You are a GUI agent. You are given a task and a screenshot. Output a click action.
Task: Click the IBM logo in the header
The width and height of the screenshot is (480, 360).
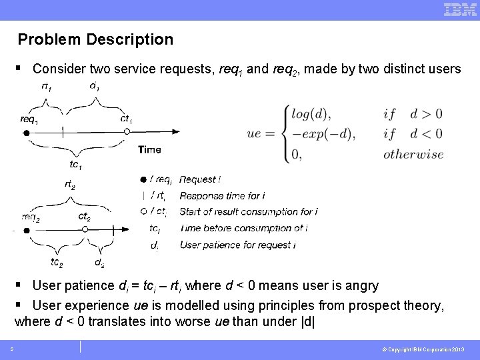[459, 9]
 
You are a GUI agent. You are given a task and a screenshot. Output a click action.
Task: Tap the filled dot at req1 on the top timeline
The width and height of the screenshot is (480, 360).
[27, 133]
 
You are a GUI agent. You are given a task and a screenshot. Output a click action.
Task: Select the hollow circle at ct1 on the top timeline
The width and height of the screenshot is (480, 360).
[127, 133]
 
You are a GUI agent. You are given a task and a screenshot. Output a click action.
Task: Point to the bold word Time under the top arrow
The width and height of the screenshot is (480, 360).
[149, 150]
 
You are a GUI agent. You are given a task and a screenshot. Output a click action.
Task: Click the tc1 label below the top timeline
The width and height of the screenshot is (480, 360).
[76, 164]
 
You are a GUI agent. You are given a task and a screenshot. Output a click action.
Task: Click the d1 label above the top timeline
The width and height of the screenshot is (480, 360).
[95, 86]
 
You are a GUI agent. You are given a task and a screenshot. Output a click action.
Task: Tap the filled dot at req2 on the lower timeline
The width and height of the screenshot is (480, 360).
[27, 230]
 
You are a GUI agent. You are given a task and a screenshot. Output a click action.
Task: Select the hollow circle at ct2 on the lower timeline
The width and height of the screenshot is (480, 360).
[85, 230]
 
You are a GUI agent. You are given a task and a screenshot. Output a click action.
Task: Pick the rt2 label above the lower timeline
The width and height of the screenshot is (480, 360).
[70, 183]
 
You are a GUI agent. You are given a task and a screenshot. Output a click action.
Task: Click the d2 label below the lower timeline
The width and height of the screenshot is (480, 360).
[99, 263]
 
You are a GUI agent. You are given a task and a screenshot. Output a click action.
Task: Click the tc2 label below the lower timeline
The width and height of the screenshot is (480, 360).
[57, 262]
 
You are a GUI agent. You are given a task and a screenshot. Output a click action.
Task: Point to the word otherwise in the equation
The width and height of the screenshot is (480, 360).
[413, 155]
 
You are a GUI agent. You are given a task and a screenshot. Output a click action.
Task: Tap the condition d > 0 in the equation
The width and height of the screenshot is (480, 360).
[426, 114]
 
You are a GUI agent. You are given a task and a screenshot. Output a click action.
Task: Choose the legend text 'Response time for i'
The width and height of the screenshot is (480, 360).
[222, 196]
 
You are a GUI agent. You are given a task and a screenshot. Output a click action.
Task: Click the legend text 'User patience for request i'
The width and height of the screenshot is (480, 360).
[237, 245]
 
